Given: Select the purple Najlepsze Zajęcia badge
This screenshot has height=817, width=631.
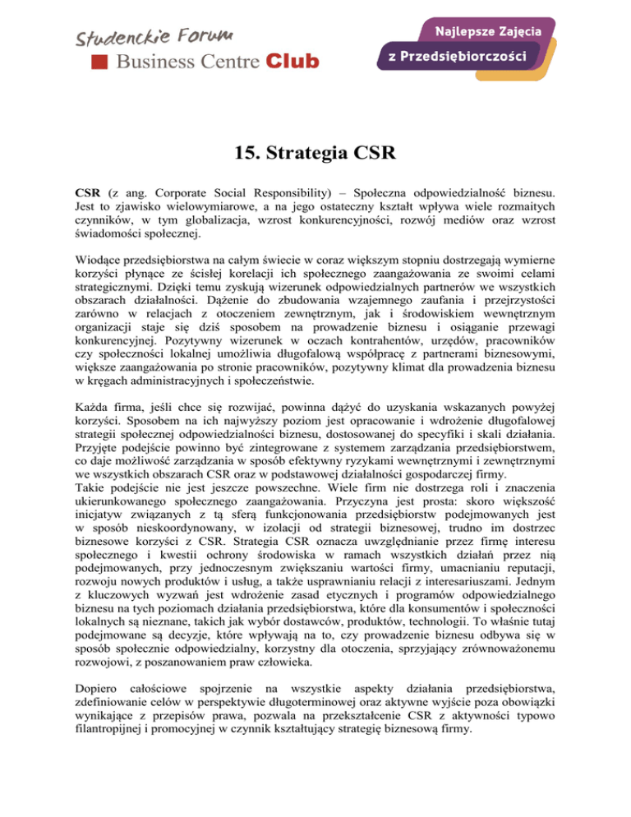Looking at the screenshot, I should (x=492, y=30).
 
